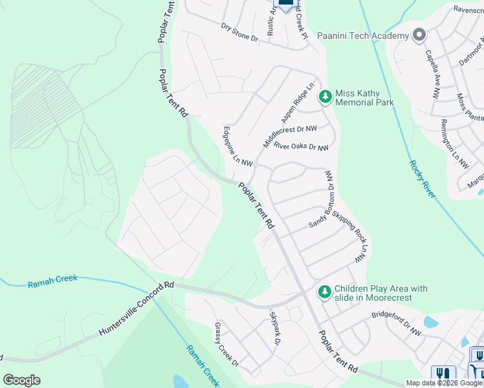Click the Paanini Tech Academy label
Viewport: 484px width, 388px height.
(x=363, y=36)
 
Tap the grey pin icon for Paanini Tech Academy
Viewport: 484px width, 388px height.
(x=419, y=35)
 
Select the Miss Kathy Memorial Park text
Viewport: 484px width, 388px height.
(x=364, y=98)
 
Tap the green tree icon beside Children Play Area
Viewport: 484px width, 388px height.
(x=325, y=292)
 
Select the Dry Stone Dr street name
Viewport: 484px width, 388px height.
(x=239, y=34)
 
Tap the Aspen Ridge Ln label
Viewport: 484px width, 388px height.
(x=298, y=103)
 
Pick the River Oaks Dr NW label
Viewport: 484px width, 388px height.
(x=301, y=147)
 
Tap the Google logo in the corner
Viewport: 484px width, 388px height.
(x=21, y=380)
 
